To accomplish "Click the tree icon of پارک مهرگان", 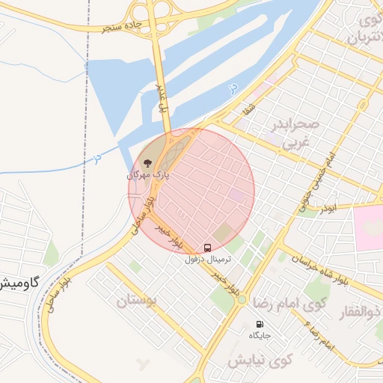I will (147, 162).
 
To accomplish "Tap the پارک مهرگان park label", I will (148, 176).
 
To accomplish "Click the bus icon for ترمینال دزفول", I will (207, 247).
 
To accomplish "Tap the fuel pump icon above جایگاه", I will (260, 324).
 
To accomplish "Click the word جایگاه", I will (260, 335).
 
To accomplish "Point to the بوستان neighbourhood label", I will (138, 301).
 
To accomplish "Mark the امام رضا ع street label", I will (319, 334).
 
